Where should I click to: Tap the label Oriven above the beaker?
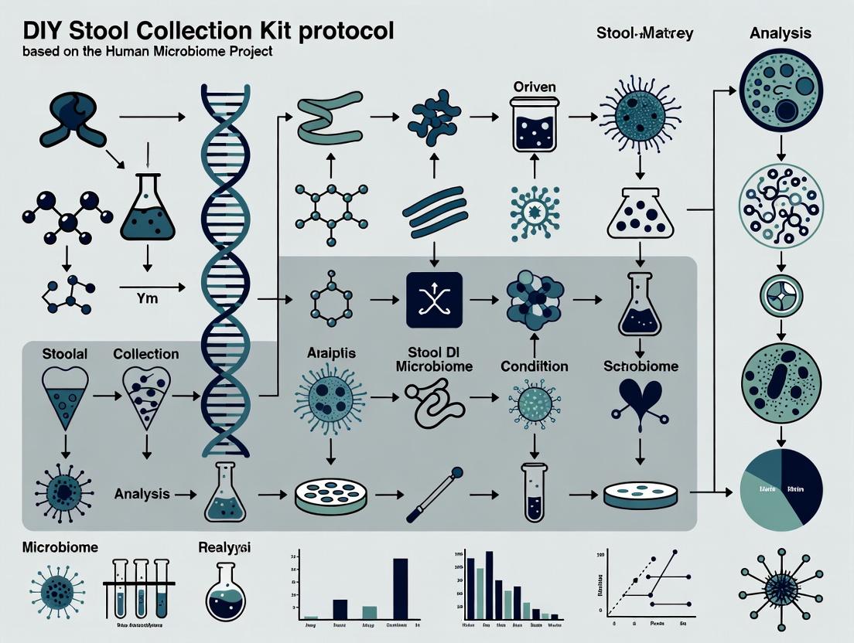tap(535, 87)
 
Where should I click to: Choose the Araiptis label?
tap(330, 354)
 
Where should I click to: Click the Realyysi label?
tap(225, 546)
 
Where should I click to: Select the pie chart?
tap(781, 488)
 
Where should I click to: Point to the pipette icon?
tap(436, 494)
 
